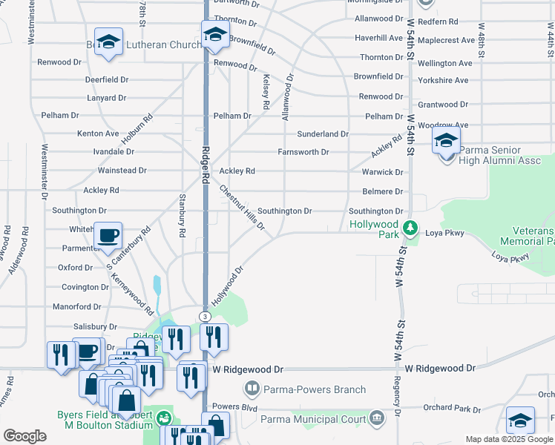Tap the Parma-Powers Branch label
click(x=315, y=389)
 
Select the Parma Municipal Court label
click(x=314, y=419)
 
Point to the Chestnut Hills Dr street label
click(x=241, y=207)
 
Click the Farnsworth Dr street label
click(x=303, y=152)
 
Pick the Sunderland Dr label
click(x=323, y=134)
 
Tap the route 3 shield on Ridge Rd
click(x=204, y=317)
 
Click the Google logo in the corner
click(x=24, y=436)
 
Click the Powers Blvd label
click(x=234, y=406)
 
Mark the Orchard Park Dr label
click(x=451, y=409)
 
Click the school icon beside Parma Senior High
click(x=446, y=139)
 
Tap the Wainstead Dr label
click(x=122, y=171)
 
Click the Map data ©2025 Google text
click(x=509, y=439)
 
